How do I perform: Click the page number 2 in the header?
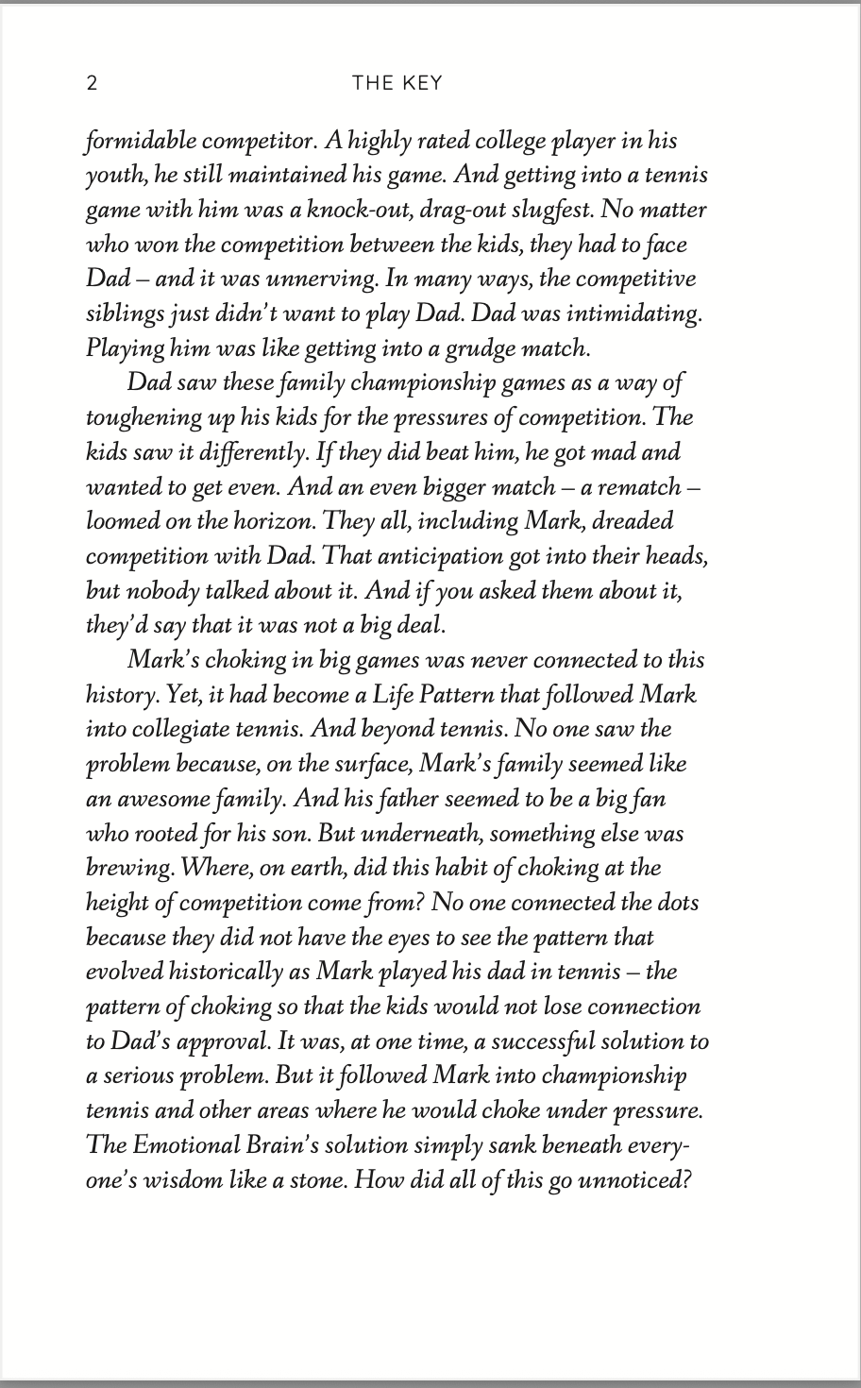tap(92, 83)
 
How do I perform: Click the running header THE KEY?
tap(397, 83)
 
